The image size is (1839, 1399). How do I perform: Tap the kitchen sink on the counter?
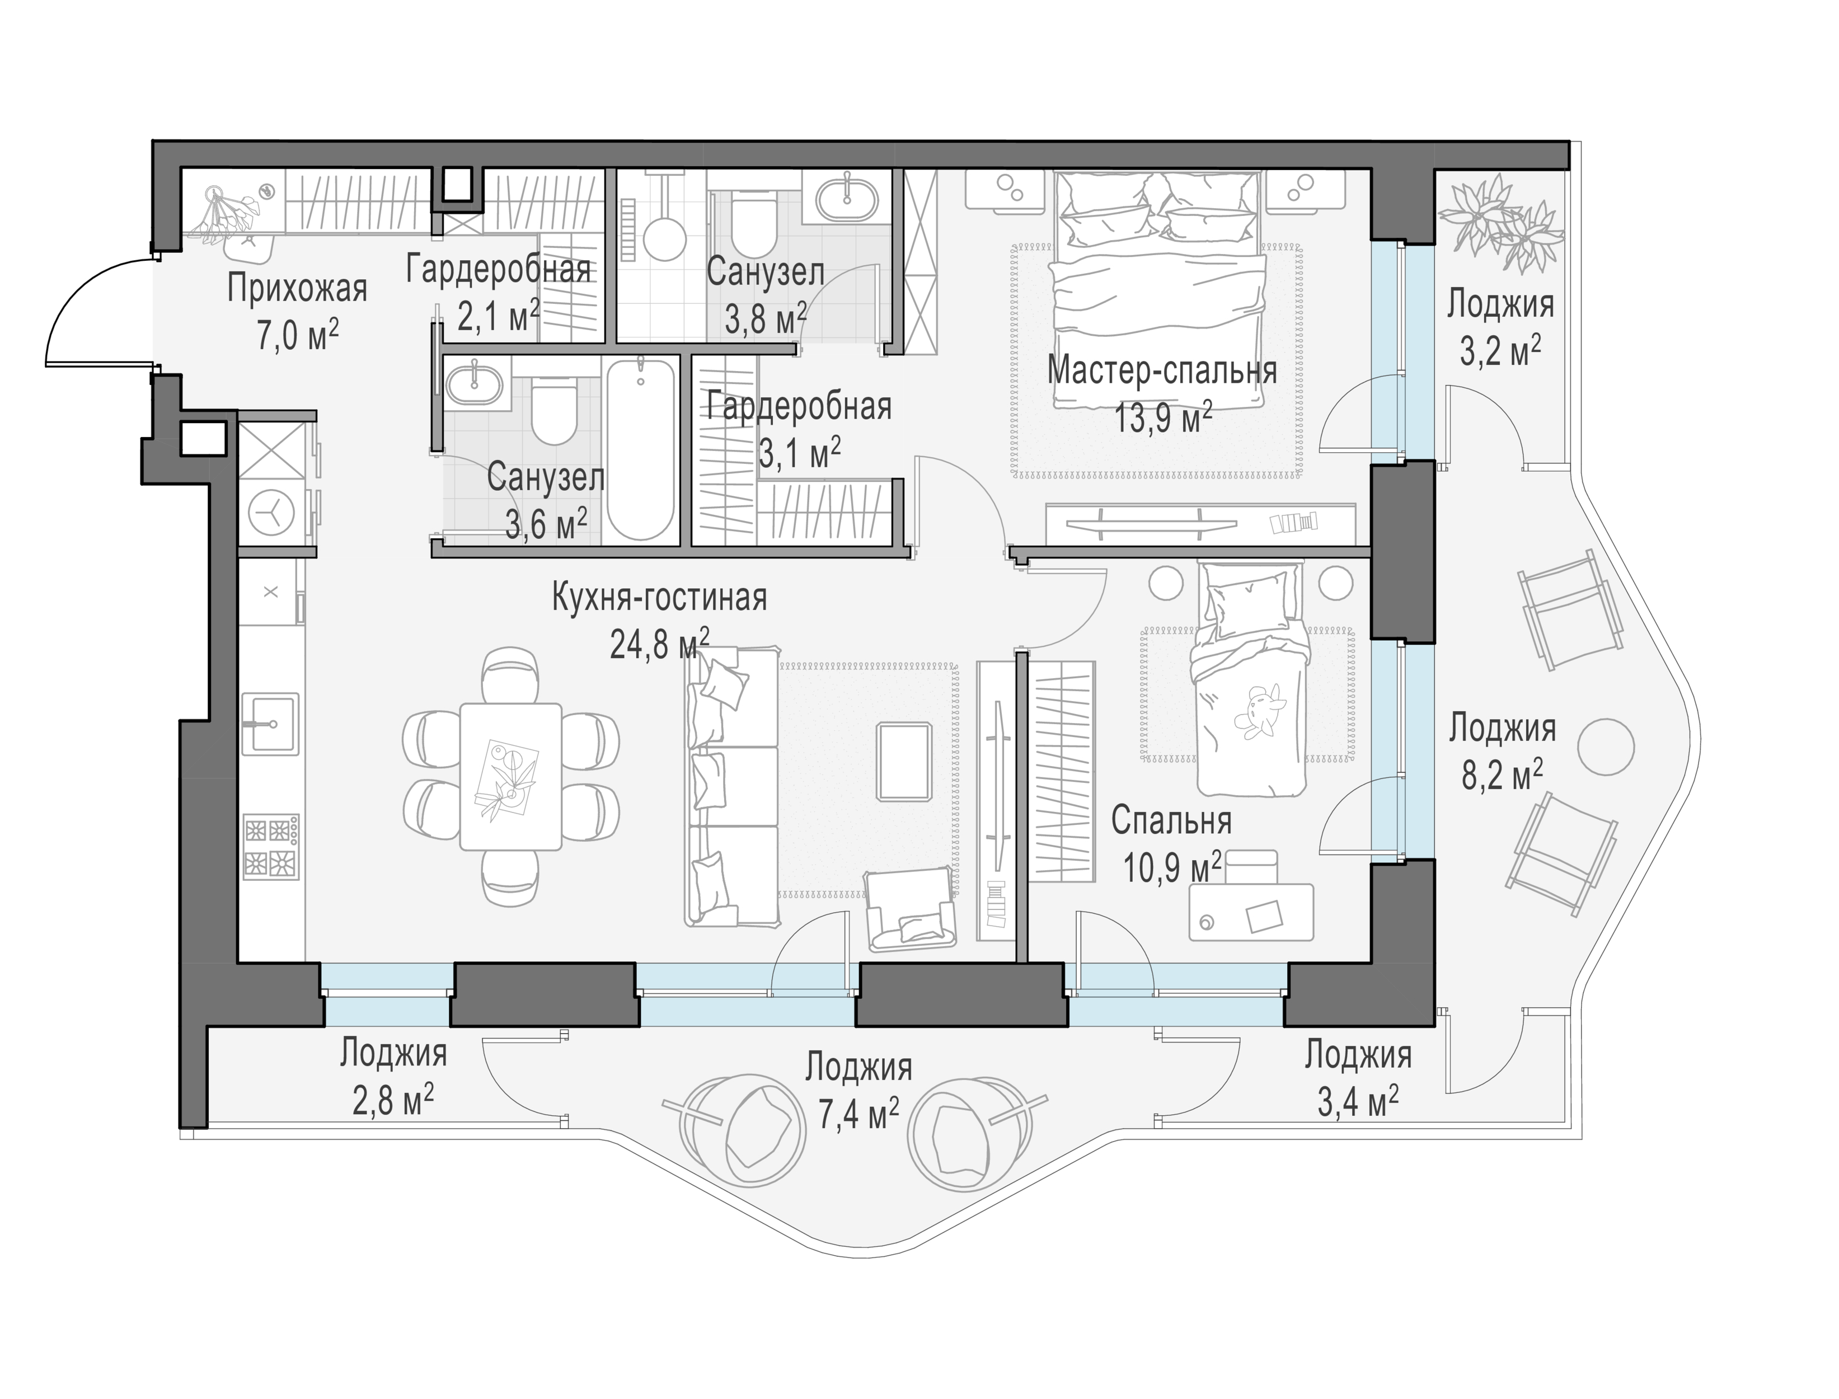coord(270,724)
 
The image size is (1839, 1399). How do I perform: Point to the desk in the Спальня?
coord(1251,912)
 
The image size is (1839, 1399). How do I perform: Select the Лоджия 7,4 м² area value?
coord(858,1114)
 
